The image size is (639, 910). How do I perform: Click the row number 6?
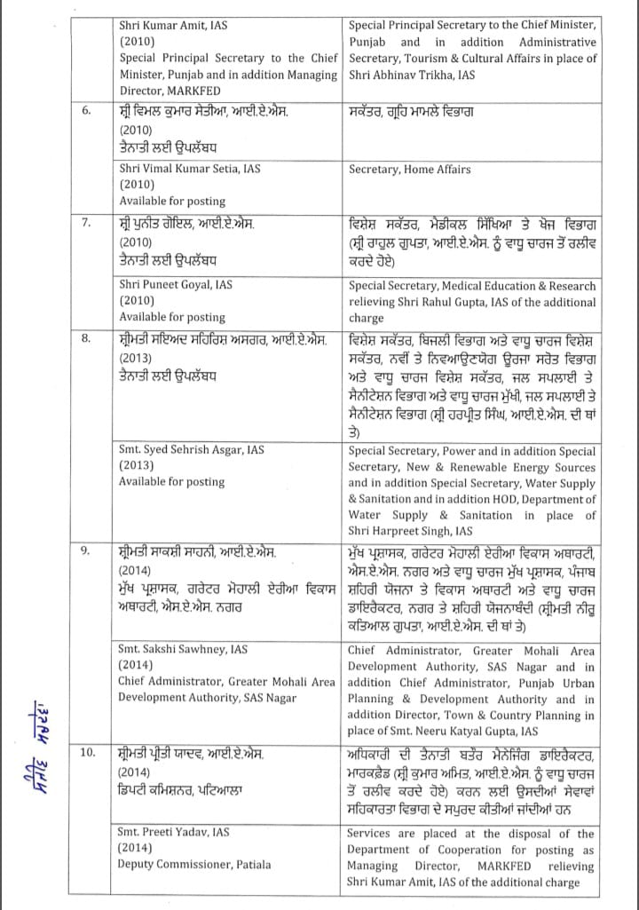(86, 112)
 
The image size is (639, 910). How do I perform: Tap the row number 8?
(86, 338)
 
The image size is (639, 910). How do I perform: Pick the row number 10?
(88, 754)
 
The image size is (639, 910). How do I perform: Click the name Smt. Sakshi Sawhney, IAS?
(183, 649)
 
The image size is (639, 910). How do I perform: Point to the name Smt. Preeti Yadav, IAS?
(174, 832)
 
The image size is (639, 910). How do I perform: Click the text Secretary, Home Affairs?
(410, 169)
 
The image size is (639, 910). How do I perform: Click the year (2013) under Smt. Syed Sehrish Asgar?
(137, 465)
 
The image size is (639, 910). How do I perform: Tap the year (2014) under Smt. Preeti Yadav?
(137, 848)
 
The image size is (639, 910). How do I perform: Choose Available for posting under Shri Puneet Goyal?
(172, 317)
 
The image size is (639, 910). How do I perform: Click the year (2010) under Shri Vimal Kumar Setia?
(137, 185)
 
